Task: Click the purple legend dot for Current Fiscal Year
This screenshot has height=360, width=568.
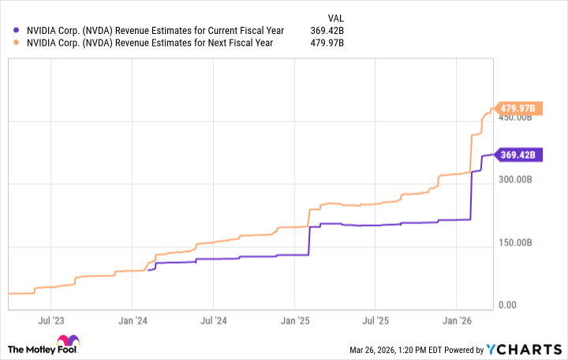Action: pos(17,30)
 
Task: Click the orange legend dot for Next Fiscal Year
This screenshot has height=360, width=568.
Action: pos(17,43)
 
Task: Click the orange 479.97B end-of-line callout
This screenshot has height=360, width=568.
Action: pos(516,108)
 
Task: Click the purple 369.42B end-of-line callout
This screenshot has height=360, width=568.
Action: pos(516,155)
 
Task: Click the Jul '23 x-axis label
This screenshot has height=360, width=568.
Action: pos(50,321)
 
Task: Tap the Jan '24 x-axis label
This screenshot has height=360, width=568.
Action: pos(132,321)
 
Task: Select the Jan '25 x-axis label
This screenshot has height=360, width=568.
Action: pos(294,321)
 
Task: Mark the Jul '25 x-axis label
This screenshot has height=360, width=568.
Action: pos(376,321)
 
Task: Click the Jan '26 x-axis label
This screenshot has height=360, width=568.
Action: pos(457,321)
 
